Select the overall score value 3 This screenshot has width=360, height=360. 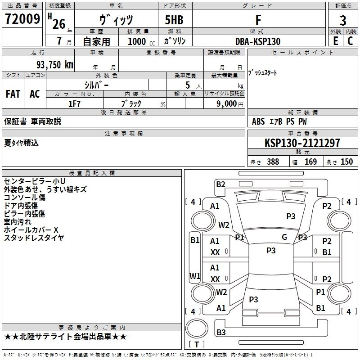[x=343, y=20]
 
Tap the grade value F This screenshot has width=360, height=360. [x=258, y=20]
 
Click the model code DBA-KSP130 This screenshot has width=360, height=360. [x=258, y=41]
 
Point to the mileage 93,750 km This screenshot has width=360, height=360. [x=54, y=65]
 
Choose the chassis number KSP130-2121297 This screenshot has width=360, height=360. [x=302, y=143]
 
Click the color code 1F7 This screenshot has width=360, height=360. [x=74, y=103]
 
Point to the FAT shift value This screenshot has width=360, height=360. [x=13, y=94]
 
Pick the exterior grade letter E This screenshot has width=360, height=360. [x=335, y=41]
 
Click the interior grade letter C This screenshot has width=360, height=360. [x=351, y=41]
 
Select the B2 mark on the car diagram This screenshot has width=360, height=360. [x=220, y=184]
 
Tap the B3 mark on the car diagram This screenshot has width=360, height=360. [x=221, y=333]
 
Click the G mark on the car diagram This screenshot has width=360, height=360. [x=284, y=237]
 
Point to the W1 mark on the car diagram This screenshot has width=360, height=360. [x=194, y=276]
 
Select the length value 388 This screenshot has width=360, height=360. [x=273, y=162]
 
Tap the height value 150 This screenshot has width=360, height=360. [x=346, y=162]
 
